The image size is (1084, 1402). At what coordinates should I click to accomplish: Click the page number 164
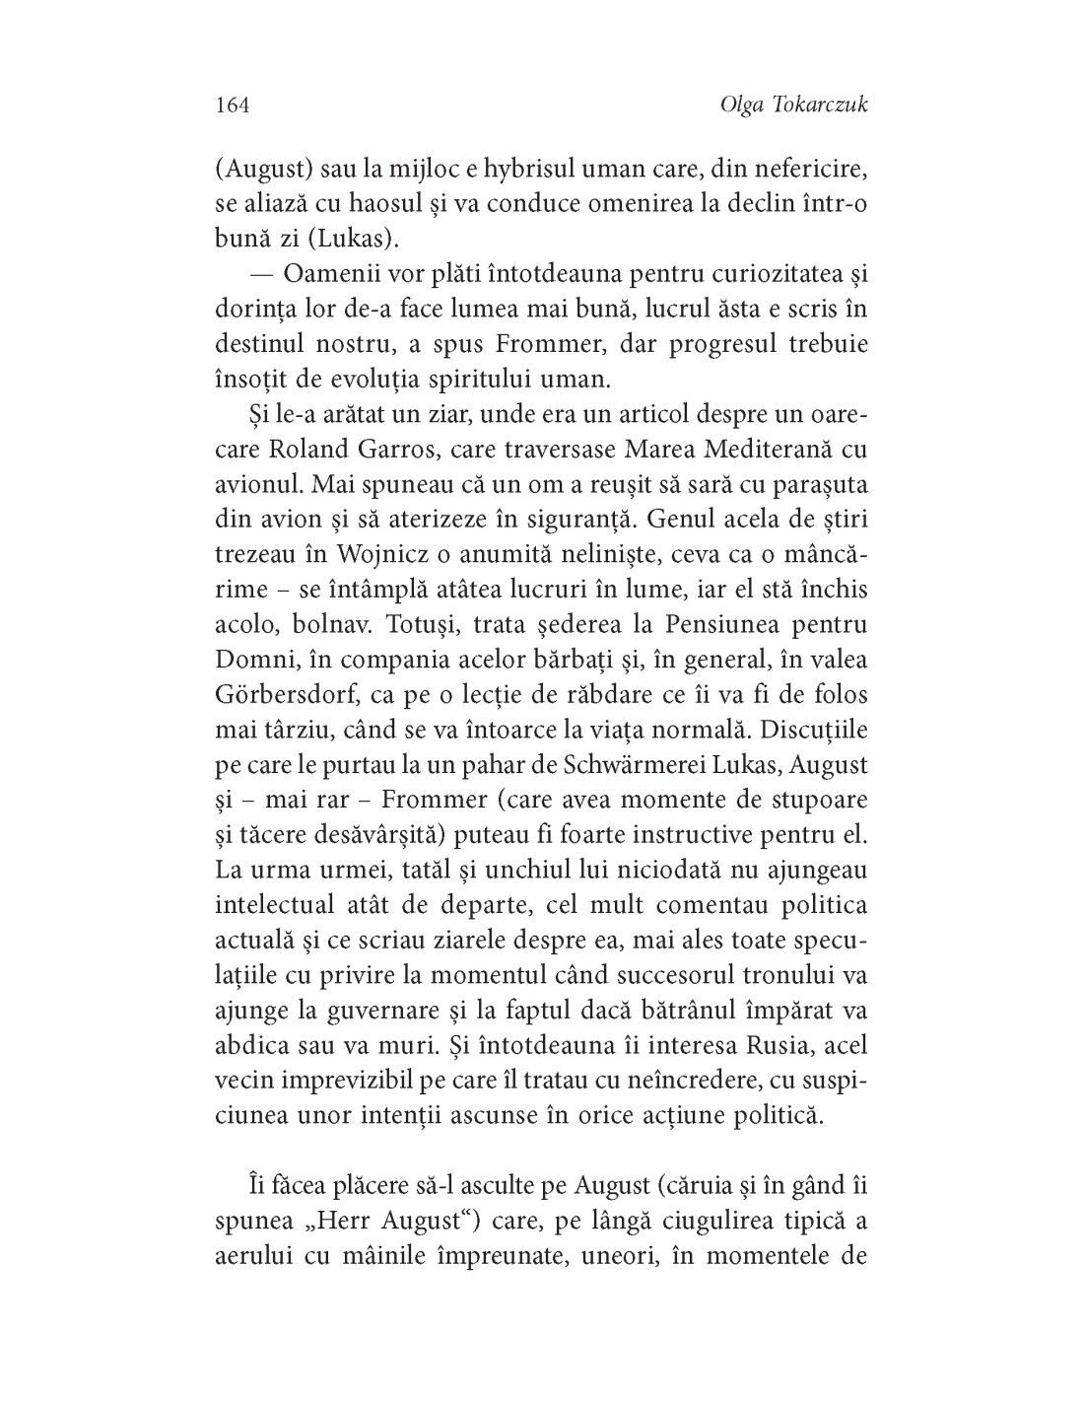point(232,105)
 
